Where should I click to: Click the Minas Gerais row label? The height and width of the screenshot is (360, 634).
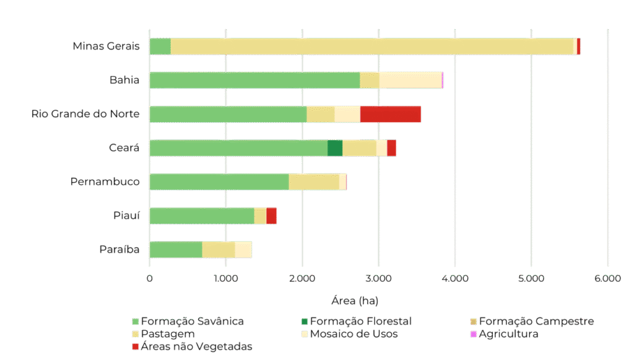[106, 46]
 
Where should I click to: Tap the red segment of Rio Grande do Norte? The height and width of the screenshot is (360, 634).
[390, 115]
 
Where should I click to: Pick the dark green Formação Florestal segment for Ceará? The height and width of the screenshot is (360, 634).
[334, 148]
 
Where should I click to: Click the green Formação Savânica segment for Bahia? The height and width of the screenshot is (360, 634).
[254, 81]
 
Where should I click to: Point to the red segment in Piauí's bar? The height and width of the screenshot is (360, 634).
[271, 216]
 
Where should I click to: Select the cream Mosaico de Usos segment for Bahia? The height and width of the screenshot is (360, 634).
[410, 81]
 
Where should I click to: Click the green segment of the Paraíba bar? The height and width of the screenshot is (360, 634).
[176, 249]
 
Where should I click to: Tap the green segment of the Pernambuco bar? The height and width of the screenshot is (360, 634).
[219, 182]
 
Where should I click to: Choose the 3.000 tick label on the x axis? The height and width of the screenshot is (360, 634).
[378, 279]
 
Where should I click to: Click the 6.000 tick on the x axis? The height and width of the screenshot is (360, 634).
[607, 279]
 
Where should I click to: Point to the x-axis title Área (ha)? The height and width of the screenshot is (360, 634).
[355, 301]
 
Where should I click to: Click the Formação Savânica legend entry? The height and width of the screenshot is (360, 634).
[188, 322]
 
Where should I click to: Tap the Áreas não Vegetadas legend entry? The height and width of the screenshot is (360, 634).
[192, 347]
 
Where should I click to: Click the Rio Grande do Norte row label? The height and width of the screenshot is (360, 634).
[85, 115]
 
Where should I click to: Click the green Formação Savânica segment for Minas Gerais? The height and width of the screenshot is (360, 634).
[160, 46]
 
